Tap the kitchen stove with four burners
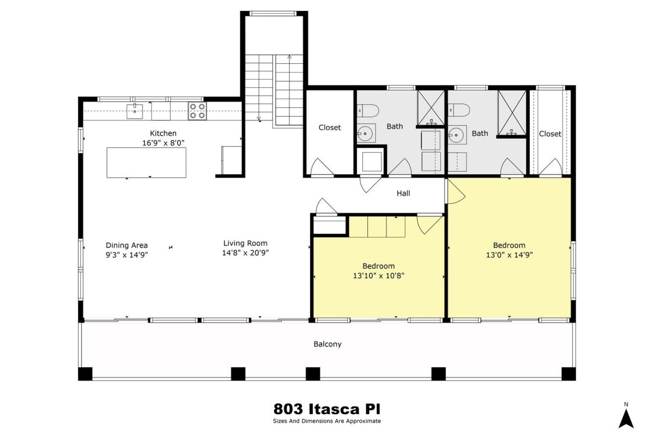(197, 111)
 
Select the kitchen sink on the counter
(135, 111)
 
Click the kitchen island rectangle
(146, 162)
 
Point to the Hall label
(403, 193)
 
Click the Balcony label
(328, 344)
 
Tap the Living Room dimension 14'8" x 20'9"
(245, 253)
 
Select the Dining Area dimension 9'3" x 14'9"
(126, 255)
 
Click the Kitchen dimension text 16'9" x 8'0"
(163, 143)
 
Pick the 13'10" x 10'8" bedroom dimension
(379, 276)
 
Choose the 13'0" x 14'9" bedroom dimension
(509, 255)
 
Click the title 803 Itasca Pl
(327, 409)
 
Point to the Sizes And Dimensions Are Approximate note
(327, 421)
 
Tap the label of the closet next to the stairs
(330, 128)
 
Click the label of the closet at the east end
(550, 134)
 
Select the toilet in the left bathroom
(368, 111)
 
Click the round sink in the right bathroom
(456, 135)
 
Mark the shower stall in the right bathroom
(512, 113)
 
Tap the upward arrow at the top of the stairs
(289, 57)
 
